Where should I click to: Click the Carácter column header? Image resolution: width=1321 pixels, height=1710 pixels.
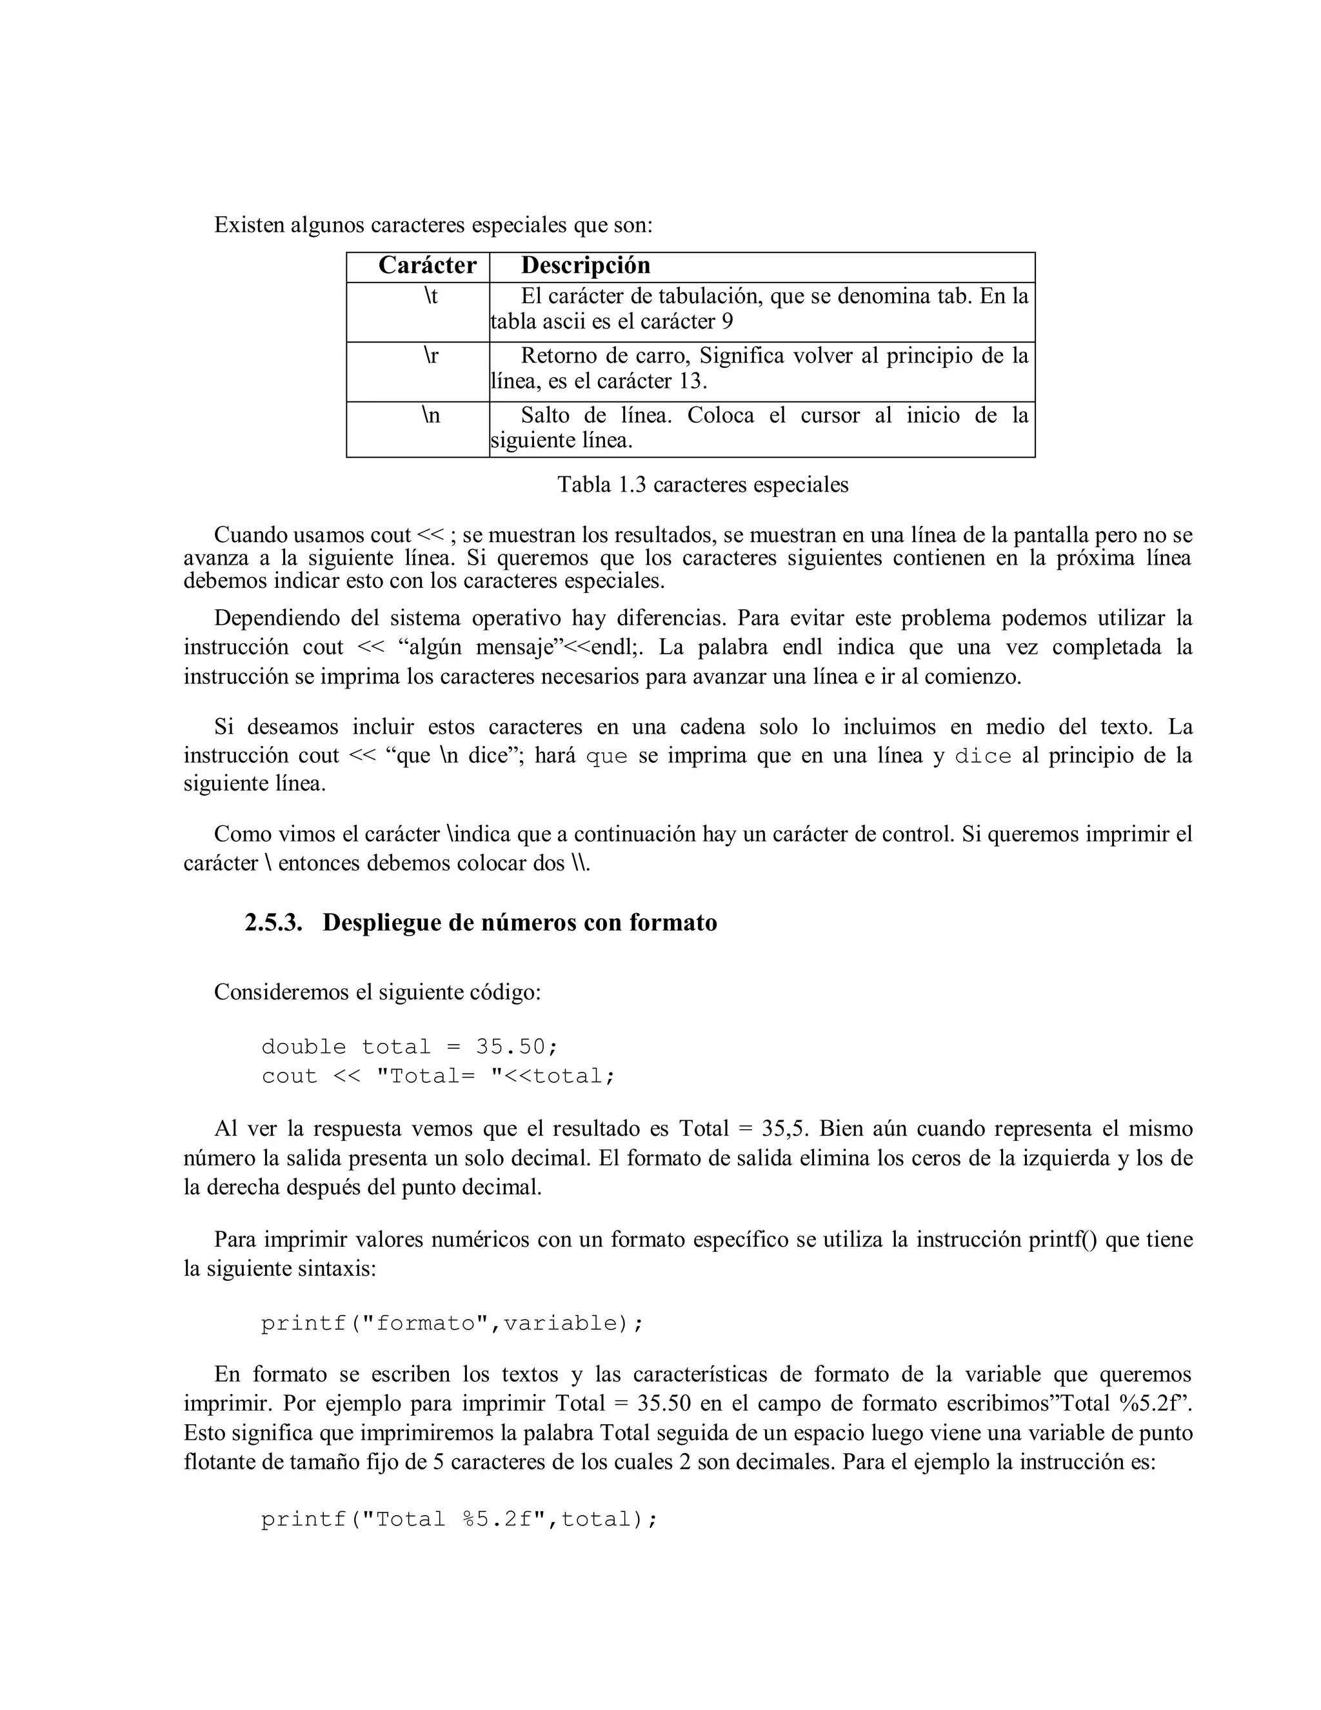tap(427, 265)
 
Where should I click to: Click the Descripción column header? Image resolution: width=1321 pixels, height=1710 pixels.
tap(586, 265)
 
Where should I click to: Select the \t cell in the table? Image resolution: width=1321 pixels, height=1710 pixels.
tap(430, 296)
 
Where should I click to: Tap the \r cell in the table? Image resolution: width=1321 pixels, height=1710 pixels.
tap(430, 356)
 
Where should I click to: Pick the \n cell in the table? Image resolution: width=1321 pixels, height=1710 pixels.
tap(430, 415)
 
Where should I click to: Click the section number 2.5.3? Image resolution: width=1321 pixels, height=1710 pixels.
tap(273, 922)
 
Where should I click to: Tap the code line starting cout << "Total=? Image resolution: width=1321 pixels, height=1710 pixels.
tap(438, 1076)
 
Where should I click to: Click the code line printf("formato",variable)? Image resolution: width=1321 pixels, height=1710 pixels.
tap(452, 1323)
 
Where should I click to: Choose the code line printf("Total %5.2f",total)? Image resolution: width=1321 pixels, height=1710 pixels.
tap(459, 1519)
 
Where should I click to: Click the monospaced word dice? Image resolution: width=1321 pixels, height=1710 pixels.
tap(983, 756)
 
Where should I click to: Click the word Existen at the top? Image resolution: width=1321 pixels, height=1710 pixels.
tap(249, 225)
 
